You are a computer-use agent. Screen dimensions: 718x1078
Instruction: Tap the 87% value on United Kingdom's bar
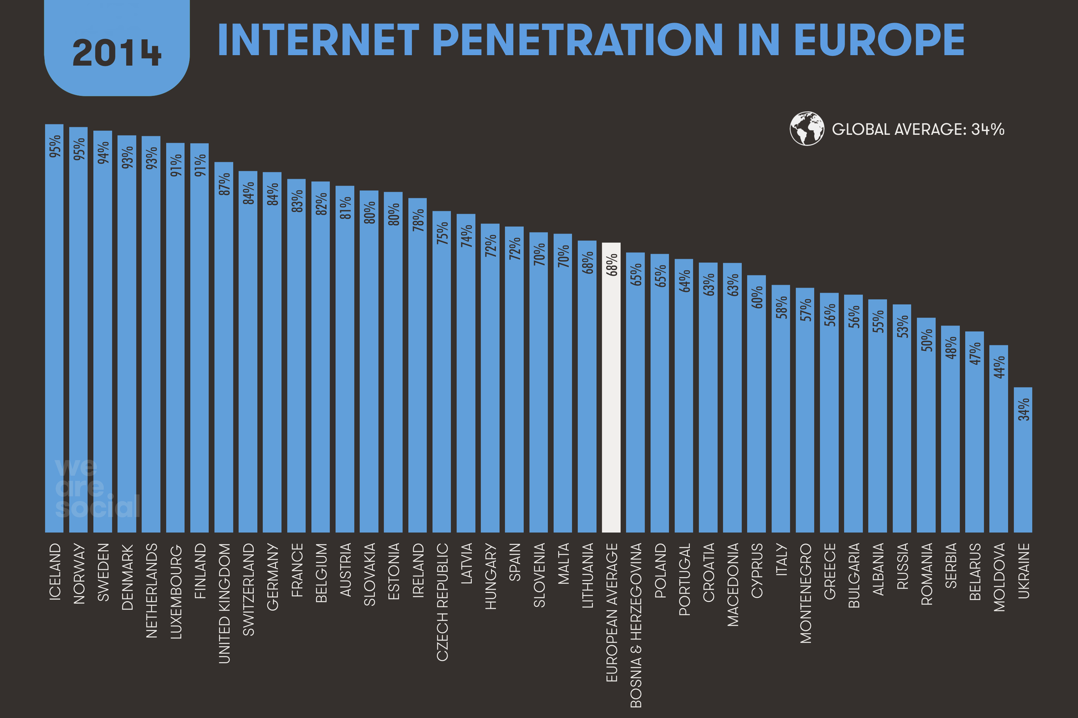click(224, 184)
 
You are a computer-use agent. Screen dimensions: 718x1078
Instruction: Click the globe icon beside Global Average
click(807, 129)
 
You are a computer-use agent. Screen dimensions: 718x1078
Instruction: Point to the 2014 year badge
click(117, 52)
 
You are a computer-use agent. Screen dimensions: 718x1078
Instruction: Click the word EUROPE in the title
click(879, 40)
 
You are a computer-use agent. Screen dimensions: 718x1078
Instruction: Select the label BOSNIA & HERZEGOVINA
click(636, 625)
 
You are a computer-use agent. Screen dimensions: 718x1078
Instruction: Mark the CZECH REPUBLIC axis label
click(442, 601)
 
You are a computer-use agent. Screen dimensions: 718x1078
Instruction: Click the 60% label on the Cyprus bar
click(757, 297)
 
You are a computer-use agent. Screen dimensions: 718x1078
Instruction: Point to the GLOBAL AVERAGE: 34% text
click(917, 130)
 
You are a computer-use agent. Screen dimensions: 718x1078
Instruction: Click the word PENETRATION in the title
click(578, 40)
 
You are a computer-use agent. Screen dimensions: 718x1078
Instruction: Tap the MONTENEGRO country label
click(806, 593)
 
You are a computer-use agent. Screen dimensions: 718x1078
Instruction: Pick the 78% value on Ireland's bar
click(418, 220)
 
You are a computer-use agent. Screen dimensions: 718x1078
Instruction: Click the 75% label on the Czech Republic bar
click(442, 232)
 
